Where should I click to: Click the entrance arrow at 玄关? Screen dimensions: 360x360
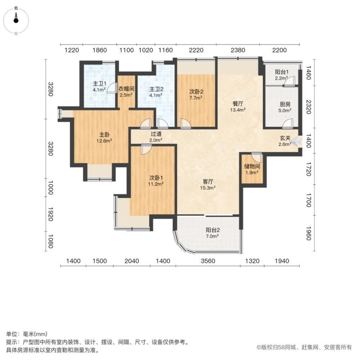pyautogui.click(x=296, y=141)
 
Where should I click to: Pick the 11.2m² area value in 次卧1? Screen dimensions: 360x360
pyautogui.click(x=157, y=184)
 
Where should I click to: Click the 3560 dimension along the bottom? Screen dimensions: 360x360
pyautogui.click(x=208, y=261)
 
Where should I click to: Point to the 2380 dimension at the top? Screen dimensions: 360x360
pyautogui.click(x=238, y=50)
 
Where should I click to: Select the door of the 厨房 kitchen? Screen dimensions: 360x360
pyautogui.click(x=288, y=124)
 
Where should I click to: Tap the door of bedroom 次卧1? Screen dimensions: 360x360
pyautogui.click(x=146, y=149)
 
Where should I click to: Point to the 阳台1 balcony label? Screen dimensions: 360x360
pyautogui.click(x=281, y=72)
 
